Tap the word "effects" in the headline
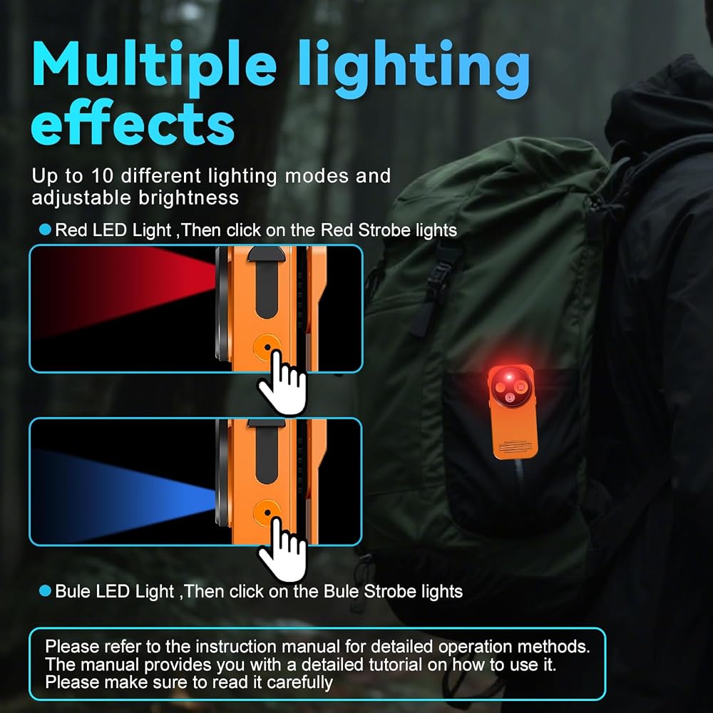133,123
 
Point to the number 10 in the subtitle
101,176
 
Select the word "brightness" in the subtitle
189,198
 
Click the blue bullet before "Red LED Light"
45,230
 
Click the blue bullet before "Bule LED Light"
45,590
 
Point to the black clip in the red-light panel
267,282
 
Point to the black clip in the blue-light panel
267,450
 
